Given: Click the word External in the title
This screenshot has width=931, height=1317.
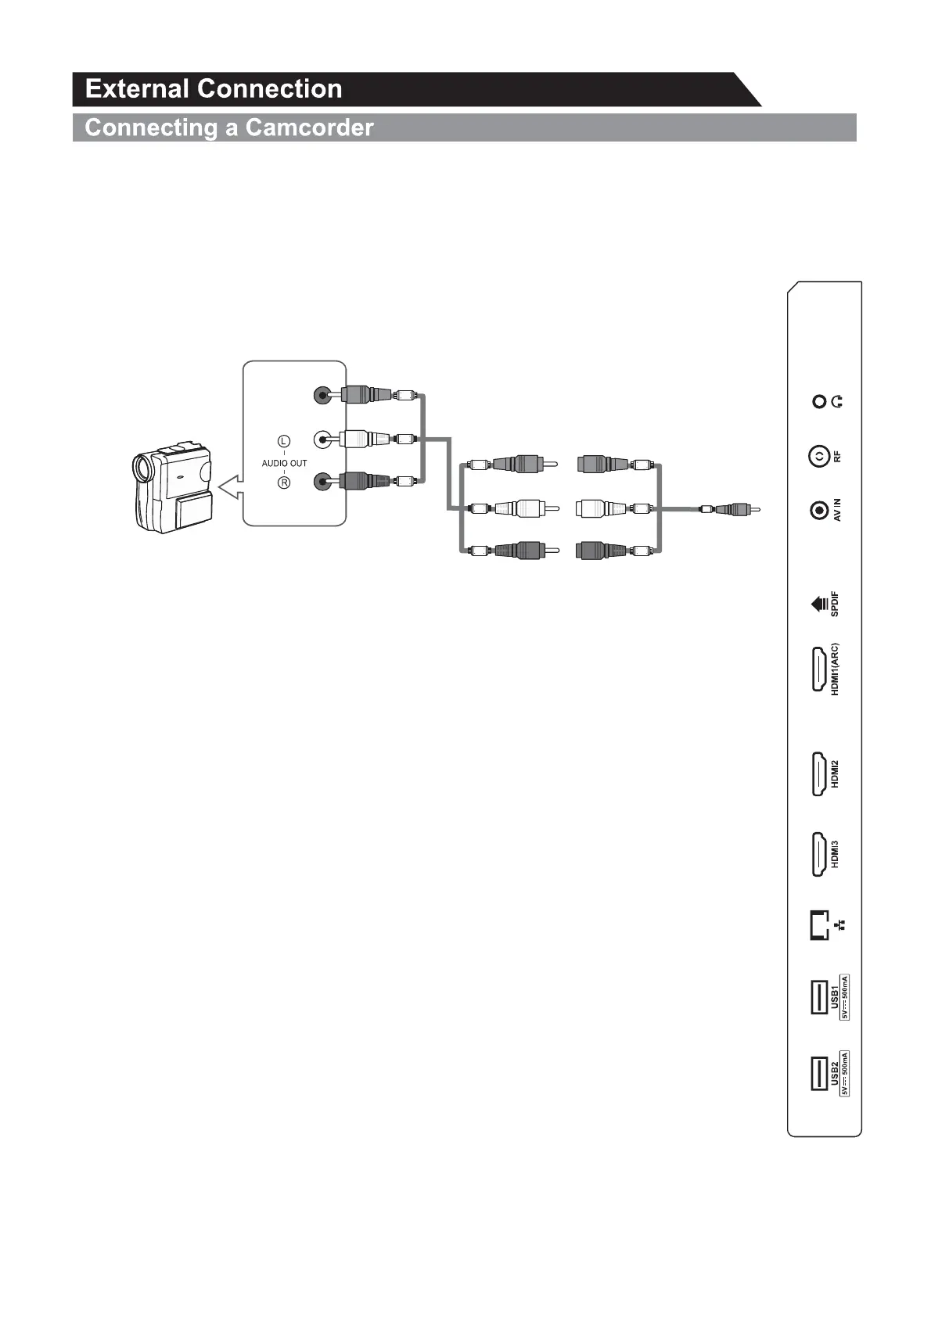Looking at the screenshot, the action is (x=138, y=88).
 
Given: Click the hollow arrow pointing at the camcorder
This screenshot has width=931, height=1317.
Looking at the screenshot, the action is (x=228, y=489).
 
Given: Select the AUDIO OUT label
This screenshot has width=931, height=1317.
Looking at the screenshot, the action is (x=284, y=463).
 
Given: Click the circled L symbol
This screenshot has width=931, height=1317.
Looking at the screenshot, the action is (x=285, y=442).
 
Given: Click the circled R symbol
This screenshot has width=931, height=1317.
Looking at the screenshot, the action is (x=285, y=483).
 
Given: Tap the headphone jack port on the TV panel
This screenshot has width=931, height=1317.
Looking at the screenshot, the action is (x=819, y=402).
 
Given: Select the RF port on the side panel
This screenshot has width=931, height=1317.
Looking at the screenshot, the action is (x=818, y=456).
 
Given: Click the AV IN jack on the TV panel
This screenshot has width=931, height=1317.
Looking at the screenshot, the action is (x=819, y=511).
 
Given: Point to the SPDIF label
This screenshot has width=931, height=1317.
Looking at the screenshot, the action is (x=835, y=604).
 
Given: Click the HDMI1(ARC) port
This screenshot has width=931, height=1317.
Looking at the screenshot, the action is (x=819, y=669).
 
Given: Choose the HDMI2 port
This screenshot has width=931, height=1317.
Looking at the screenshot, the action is (x=819, y=774).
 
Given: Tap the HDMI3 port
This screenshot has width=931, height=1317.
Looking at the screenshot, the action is (x=819, y=855).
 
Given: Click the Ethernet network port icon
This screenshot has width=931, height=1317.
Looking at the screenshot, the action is (x=818, y=925).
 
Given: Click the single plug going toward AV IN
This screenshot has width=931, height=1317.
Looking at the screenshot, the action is (x=731, y=510).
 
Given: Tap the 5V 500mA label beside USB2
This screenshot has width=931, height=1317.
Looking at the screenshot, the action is (x=845, y=1073).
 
